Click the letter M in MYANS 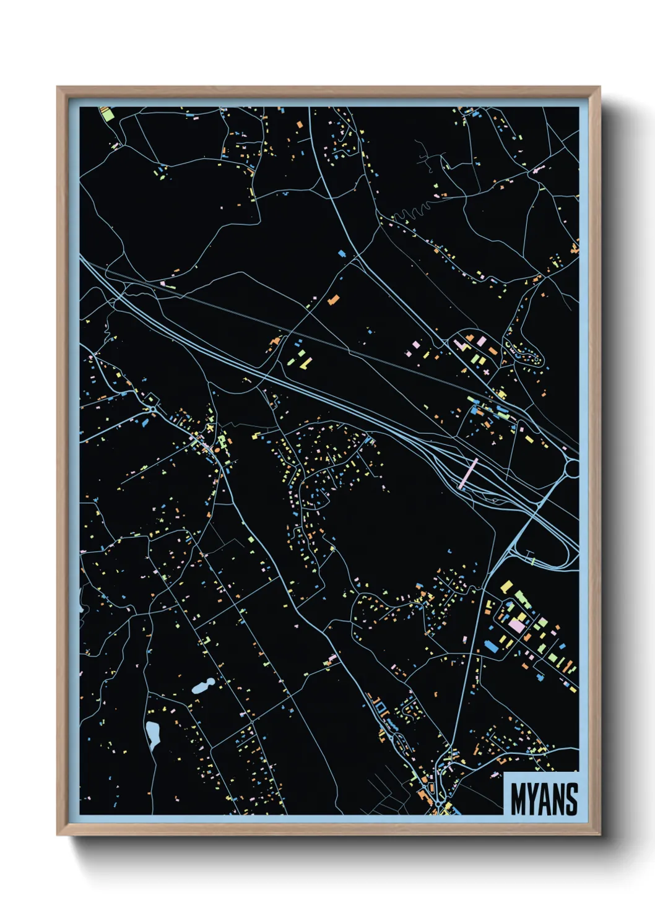518,799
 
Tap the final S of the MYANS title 571,799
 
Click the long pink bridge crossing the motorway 469,473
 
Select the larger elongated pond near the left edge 152,734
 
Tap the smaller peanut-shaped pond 202,685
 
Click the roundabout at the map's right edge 573,468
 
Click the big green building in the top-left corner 108,114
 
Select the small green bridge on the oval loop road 532,560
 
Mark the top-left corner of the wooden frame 58,87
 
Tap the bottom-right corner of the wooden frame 599,834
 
